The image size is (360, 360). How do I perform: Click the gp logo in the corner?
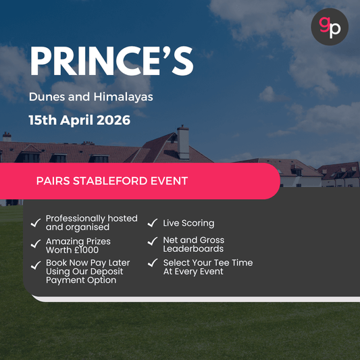tap(330, 27)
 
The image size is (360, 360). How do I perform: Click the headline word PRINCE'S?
tap(111, 62)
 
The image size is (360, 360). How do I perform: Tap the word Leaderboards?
tap(193, 249)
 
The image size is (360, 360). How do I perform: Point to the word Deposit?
tap(110, 271)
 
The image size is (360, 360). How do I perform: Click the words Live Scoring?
tap(188, 223)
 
